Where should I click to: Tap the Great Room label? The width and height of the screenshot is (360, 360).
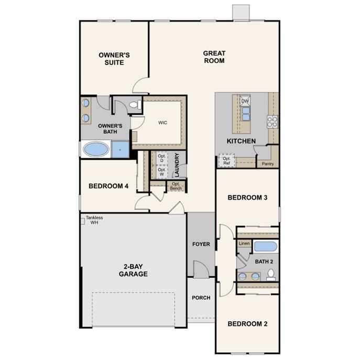point(214,57)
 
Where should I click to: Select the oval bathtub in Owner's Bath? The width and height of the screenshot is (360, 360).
point(96,149)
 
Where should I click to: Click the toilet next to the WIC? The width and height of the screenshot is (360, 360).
point(134,105)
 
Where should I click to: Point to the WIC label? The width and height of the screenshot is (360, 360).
point(162,123)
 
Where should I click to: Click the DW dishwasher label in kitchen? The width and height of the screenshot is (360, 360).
point(245,101)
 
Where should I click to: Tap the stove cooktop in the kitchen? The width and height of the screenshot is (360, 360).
point(272,122)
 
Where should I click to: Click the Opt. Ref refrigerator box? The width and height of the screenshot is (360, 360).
point(226,160)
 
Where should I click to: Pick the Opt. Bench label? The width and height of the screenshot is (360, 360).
point(176,186)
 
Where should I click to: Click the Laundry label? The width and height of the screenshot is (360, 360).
point(177,164)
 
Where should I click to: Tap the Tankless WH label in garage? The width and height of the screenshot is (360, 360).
point(94,220)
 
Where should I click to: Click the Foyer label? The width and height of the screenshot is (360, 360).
point(201,244)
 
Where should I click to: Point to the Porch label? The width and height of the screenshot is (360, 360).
point(201,298)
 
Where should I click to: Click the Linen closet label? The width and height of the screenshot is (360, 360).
point(244,244)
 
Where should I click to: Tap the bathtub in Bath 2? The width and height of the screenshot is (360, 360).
point(265,246)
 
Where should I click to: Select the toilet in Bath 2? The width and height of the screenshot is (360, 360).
point(271,275)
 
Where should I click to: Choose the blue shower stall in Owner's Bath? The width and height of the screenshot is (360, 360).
point(120,149)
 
